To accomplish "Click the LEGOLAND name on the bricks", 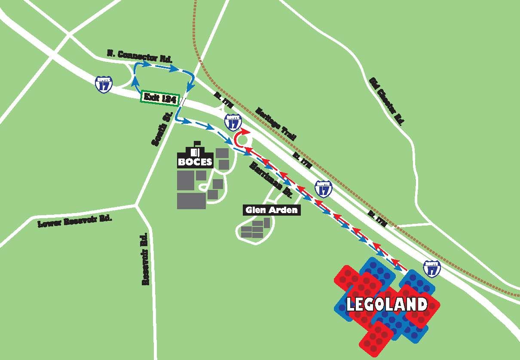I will [x=387, y=304].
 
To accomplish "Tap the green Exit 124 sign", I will [x=159, y=97].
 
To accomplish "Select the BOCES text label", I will [x=196, y=162].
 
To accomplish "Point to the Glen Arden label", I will [x=272, y=210].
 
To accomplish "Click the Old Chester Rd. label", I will [x=386, y=101].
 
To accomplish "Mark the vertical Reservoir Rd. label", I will [x=145, y=259].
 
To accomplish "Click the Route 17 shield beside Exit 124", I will [x=104, y=84].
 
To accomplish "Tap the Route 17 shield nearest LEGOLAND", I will [x=431, y=268].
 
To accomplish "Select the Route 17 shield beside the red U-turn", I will [x=232, y=122].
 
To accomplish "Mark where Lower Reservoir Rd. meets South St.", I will [x=136, y=206].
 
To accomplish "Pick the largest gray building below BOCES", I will [x=191, y=201].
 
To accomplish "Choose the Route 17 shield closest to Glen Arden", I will [x=323, y=188].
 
